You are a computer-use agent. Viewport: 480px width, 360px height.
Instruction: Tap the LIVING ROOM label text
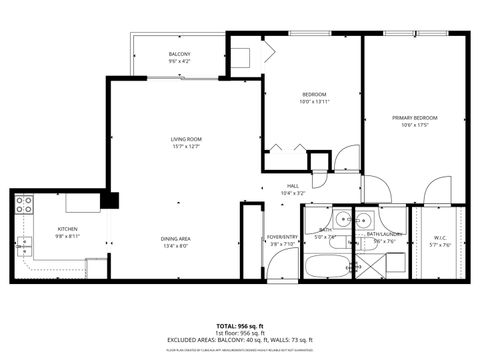point(186,139)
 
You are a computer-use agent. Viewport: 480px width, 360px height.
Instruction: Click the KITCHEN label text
point(39,229)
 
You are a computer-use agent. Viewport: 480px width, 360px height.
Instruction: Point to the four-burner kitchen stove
point(23,206)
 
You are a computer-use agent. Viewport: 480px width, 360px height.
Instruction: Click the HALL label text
point(294,185)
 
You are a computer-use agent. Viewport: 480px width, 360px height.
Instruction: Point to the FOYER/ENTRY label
point(281,238)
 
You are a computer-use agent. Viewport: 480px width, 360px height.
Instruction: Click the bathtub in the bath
point(325,267)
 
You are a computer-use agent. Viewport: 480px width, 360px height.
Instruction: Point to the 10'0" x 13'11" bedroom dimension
point(313,101)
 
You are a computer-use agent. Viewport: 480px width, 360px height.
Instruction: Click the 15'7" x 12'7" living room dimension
point(186,147)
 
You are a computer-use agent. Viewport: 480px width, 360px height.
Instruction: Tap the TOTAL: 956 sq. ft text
point(240,326)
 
